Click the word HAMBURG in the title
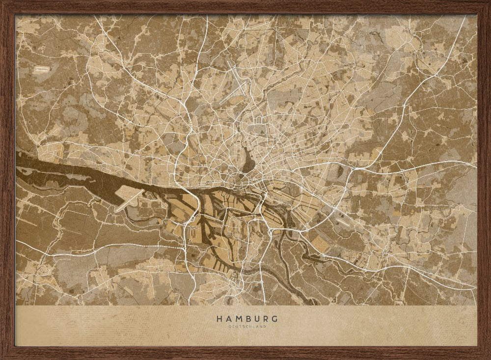click(x=247, y=319)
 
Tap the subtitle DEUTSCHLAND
click(x=247, y=326)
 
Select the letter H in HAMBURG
click(x=219, y=319)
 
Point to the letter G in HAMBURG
click(x=275, y=319)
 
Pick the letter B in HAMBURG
click(x=247, y=319)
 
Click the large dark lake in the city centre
click(x=247, y=160)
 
